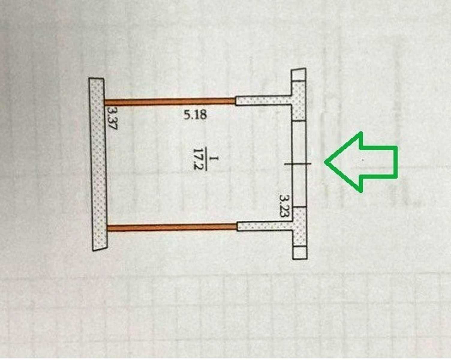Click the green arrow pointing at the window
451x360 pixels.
coord(360,162)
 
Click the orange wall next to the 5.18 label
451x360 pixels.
coord(170,101)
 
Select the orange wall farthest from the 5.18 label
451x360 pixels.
coord(172,227)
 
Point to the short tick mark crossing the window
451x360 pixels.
coord(298,164)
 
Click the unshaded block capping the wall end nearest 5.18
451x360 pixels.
coord(298,74)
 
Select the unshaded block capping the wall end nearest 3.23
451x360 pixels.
coord(300,253)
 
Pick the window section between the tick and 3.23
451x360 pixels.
coord(299,186)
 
